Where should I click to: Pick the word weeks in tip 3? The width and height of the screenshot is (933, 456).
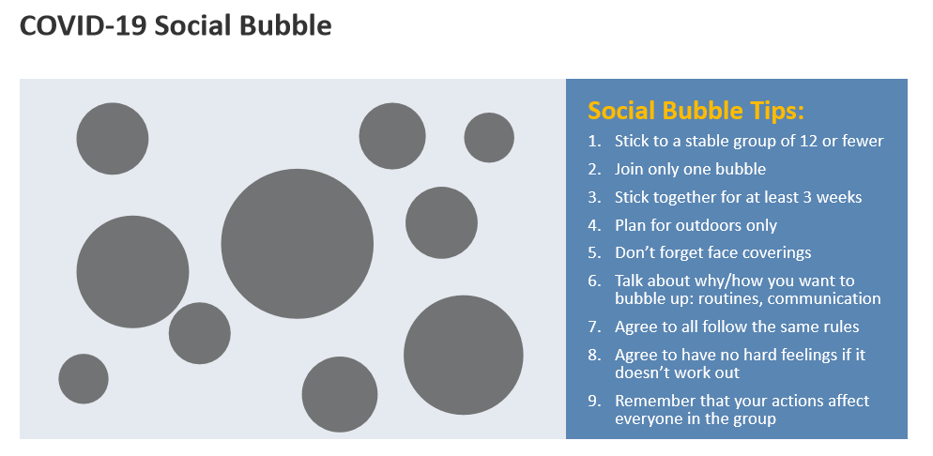coord(839,197)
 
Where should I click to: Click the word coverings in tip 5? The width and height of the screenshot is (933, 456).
coord(777,252)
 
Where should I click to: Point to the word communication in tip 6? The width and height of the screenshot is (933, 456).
coord(824,298)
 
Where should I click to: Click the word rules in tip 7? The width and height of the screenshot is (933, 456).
coord(841,327)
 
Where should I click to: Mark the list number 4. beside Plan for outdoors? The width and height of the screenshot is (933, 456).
coord(595,225)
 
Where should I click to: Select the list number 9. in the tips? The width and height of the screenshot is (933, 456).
coord(595,401)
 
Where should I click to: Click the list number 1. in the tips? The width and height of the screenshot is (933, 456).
coord(595,141)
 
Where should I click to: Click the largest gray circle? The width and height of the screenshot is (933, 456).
coord(297,244)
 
